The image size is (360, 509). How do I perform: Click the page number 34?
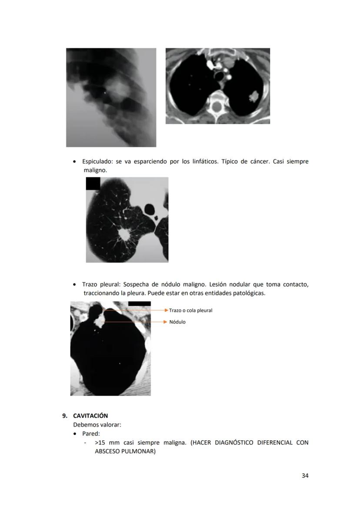(x=305, y=476)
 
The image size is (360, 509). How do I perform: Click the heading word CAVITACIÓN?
(x=90, y=416)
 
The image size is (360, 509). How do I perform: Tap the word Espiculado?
(x=97, y=162)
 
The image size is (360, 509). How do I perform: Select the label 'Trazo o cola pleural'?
(x=190, y=310)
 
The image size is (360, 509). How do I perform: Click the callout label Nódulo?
(x=177, y=322)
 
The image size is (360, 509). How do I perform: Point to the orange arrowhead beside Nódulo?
(x=165, y=322)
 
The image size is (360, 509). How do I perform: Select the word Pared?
(x=91, y=434)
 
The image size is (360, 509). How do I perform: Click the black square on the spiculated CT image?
(x=93, y=183)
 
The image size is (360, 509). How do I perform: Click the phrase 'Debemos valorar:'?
(x=97, y=425)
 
